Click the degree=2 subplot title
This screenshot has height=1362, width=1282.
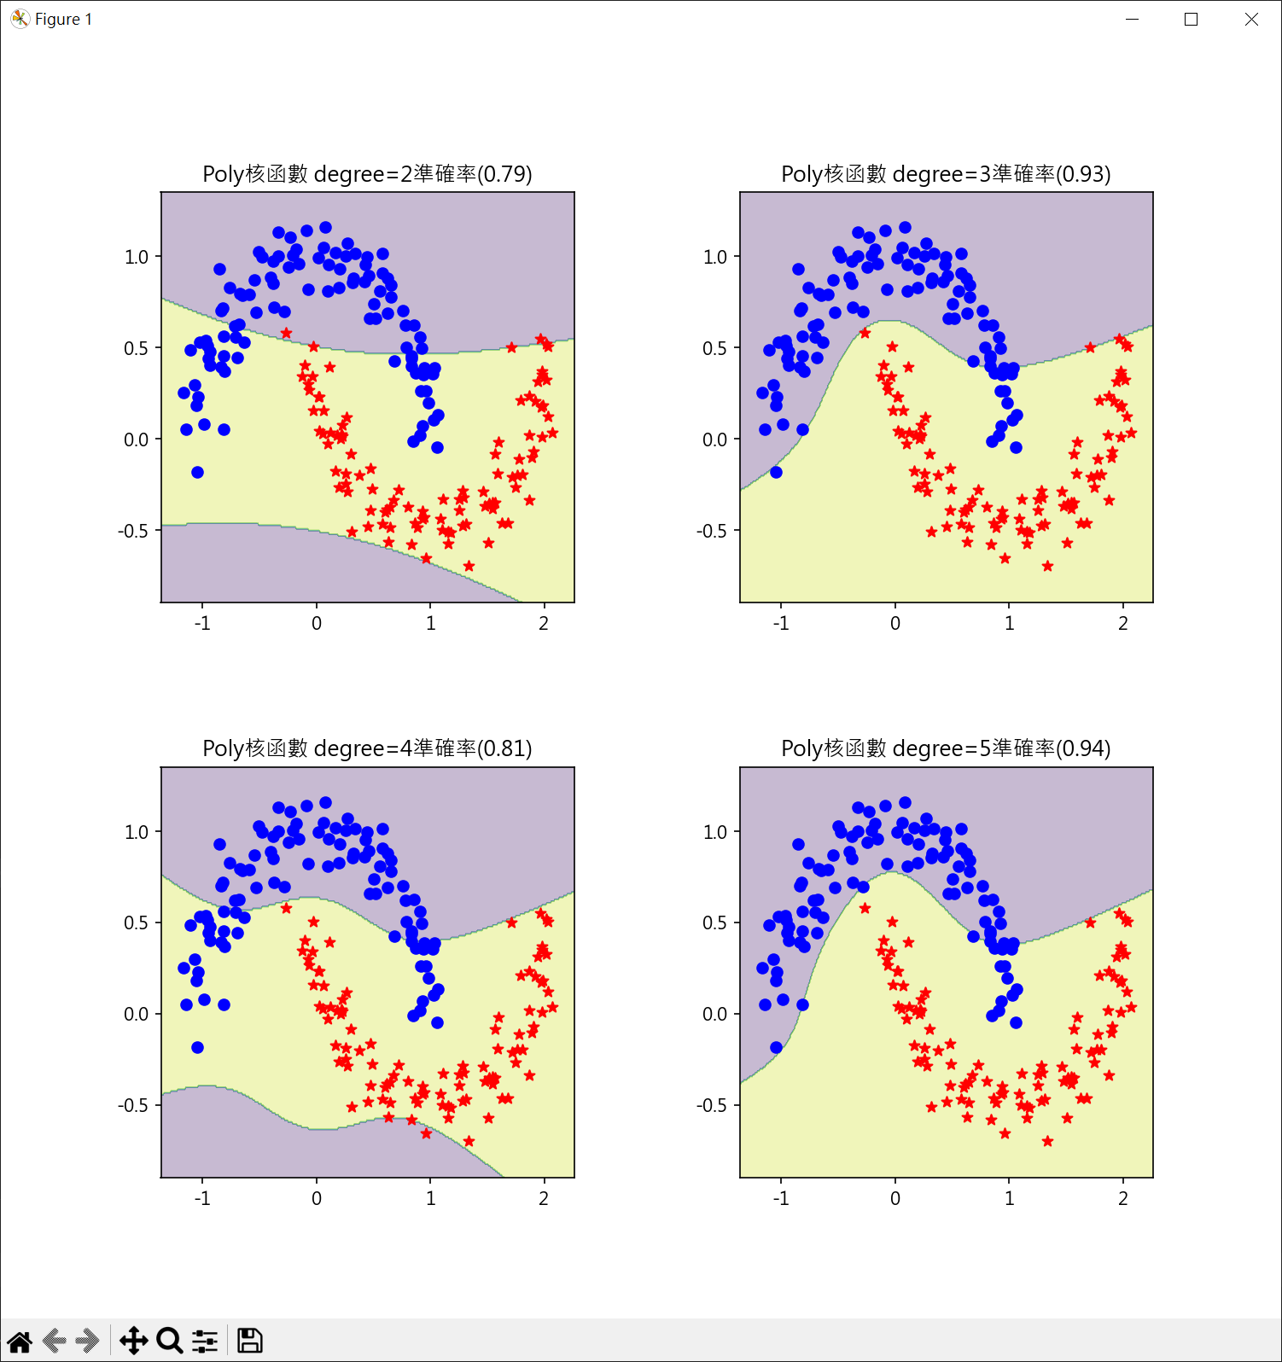pyautogui.click(x=367, y=174)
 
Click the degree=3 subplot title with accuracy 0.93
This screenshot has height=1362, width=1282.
pyautogui.click(x=946, y=174)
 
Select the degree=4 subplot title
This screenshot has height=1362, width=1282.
pyautogui.click(x=367, y=748)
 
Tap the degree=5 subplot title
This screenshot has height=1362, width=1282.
pyautogui.click(x=946, y=748)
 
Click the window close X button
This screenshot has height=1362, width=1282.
pyautogui.click(x=1251, y=19)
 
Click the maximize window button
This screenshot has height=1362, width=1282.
pyautogui.click(x=1192, y=19)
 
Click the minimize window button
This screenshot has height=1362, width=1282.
pyautogui.click(x=1133, y=19)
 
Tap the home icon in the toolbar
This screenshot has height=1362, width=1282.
pyautogui.click(x=20, y=1341)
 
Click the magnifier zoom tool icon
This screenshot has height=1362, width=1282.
pyautogui.click(x=169, y=1341)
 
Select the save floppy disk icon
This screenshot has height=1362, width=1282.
pyautogui.click(x=249, y=1341)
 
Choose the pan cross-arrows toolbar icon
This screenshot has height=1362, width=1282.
pyautogui.click(x=133, y=1341)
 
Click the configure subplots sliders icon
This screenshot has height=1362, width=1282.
pyautogui.click(x=205, y=1341)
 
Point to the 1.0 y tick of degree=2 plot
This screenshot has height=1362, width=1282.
pyautogui.click(x=137, y=257)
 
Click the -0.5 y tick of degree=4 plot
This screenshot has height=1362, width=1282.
pyautogui.click(x=133, y=1105)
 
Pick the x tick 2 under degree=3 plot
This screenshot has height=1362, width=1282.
pyautogui.click(x=1123, y=623)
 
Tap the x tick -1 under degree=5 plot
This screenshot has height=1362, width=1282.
pyautogui.click(x=780, y=1198)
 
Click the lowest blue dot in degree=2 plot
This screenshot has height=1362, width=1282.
pyautogui.click(x=197, y=472)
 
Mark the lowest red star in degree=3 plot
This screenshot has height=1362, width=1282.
pyautogui.click(x=1047, y=566)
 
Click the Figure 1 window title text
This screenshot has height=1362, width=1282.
pyautogui.click(x=63, y=19)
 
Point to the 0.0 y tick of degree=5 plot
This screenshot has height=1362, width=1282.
pyautogui.click(x=715, y=1014)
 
